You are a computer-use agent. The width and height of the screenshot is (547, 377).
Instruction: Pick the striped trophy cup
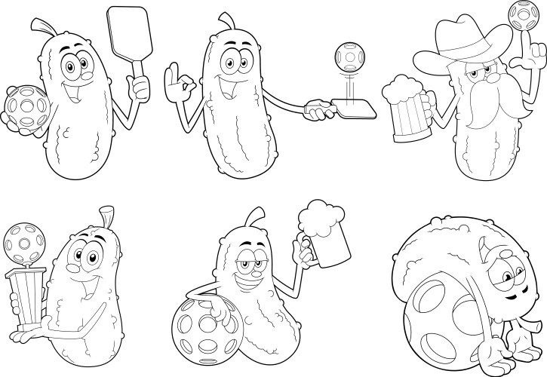click(x=30, y=298)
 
